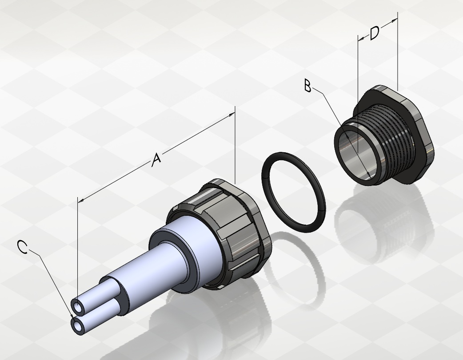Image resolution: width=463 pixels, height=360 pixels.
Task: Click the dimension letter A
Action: click(156, 159)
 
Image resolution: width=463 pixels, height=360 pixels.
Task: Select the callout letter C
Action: click(23, 247)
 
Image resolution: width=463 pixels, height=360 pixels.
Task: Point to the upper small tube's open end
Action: click(78, 307)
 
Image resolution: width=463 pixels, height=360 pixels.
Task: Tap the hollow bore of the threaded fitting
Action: click(353, 154)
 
